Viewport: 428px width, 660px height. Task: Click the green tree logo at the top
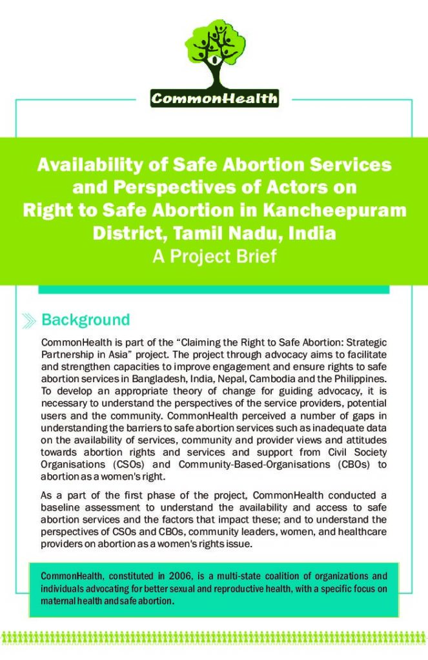(214, 48)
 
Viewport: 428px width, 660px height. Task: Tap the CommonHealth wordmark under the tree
(214, 99)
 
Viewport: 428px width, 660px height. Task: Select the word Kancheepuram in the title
(341, 210)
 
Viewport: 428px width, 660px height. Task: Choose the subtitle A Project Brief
(214, 257)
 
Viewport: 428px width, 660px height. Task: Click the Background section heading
(85, 320)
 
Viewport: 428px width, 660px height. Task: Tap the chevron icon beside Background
(29, 320)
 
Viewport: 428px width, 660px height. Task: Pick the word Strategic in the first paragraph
(365, 342)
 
